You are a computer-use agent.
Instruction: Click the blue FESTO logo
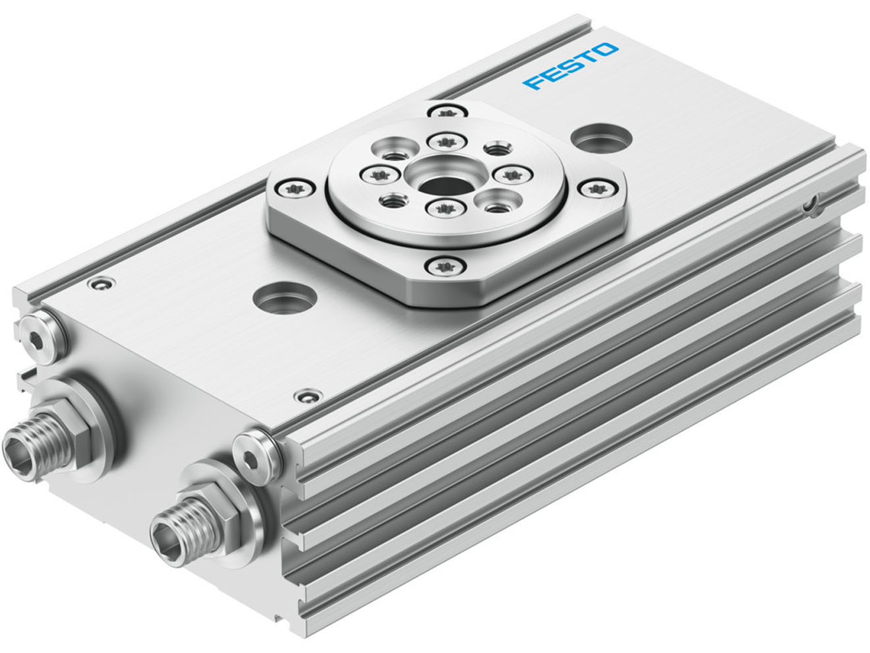coord(571,67)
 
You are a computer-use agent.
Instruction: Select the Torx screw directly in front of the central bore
coord(438,208)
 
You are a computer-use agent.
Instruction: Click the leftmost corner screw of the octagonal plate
coord(291,188)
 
